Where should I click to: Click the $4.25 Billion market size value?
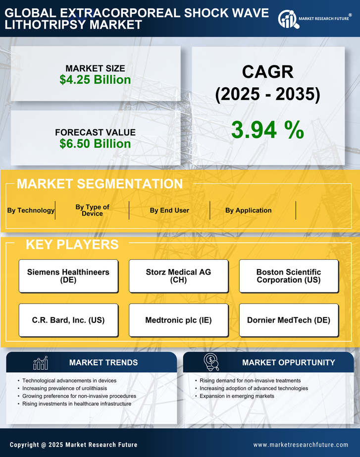(x=95, y=80)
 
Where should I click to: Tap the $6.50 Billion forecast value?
(x=95, y=144)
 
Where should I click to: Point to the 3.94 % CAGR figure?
(x=267, y=130)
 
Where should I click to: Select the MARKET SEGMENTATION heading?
(x=100, y=184)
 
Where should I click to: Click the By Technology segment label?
(x=31, y=210)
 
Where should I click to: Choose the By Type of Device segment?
(x=92, y=210)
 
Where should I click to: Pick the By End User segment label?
(x=169, y=210)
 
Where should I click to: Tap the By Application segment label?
(x=248, y=210)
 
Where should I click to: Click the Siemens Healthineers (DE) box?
(x=68, y=276)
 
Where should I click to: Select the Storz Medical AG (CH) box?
(x=179, y=276)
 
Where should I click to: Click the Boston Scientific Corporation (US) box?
(x=289, y=276)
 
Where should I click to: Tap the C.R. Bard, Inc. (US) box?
(x=68, y=320)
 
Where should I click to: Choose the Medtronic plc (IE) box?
(x=179, y=320)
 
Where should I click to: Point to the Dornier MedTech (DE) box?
(x=289, y=320)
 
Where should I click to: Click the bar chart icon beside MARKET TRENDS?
(x=40, y=363)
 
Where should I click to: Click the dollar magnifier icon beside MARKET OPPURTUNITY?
(x=211, y=362)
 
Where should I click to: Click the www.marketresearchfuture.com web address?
(x=301, y=445)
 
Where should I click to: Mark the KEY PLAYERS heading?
(x=72, y=244)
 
